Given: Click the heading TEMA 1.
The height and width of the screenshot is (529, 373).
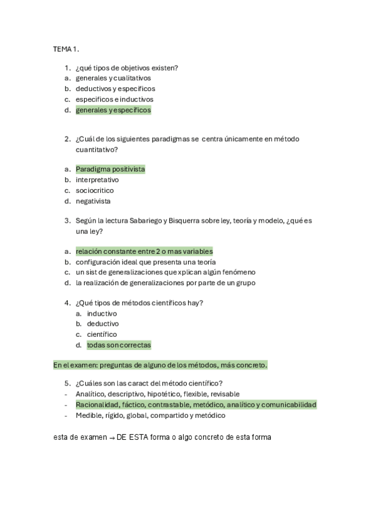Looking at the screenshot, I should pyautogui.click(x=65, y=48).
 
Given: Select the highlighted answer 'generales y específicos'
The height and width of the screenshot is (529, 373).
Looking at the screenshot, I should pyautogui.click(x=113, y=110).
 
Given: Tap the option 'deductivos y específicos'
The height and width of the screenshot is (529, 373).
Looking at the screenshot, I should pyautogui.click(x=115, y=89).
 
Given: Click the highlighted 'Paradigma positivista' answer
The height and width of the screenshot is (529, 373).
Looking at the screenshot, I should pyautogui.click(x=110, y=169).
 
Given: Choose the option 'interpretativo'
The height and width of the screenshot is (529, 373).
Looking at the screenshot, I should pyautogui.click(x=97, y=180).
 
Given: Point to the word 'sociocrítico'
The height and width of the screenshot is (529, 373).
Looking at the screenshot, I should pyautogui.click(x=95, y=190).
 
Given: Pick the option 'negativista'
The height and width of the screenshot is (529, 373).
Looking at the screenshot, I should pyautogui.click(x=93, y=201).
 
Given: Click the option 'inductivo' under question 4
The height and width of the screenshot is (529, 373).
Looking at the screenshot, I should pyautogui.click(x=102, y=313).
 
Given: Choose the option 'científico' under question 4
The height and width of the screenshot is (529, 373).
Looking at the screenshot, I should pyautogui.click(x=102, y=334).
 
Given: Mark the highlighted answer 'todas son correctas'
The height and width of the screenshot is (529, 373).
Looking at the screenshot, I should pyautogui.click(x=118, y=345).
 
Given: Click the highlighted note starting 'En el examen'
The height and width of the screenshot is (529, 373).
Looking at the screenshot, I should pyautogui.click(x=160, y=365).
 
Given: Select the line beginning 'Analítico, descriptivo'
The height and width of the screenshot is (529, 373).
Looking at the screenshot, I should pyautogui.click(x=158, y=394).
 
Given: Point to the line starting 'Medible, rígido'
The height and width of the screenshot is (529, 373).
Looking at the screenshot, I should pyautogui.click(x=150, y=415).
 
